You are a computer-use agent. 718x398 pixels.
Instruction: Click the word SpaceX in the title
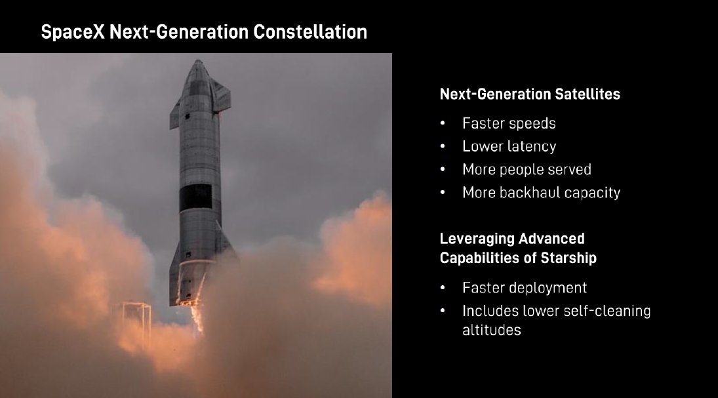73,32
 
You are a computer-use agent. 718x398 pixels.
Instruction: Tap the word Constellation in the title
310,32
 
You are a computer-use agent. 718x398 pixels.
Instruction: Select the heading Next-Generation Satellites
530,94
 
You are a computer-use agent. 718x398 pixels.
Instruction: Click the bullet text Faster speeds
509,124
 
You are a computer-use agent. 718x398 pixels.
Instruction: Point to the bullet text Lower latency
509,147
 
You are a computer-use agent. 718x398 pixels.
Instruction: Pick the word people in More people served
521,170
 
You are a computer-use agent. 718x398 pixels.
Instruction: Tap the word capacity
592,193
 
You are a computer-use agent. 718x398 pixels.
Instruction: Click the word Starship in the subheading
568,258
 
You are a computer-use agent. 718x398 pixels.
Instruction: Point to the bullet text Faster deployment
525,288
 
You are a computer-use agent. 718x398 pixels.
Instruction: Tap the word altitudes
491,330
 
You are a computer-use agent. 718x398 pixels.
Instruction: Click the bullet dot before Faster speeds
443,124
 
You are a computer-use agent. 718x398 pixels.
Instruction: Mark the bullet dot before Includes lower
443,311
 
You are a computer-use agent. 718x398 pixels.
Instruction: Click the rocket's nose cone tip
198,60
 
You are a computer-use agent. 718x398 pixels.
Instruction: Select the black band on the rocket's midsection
195,197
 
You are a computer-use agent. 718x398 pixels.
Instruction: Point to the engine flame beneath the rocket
197,315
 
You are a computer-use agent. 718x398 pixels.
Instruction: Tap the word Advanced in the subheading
551,239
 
